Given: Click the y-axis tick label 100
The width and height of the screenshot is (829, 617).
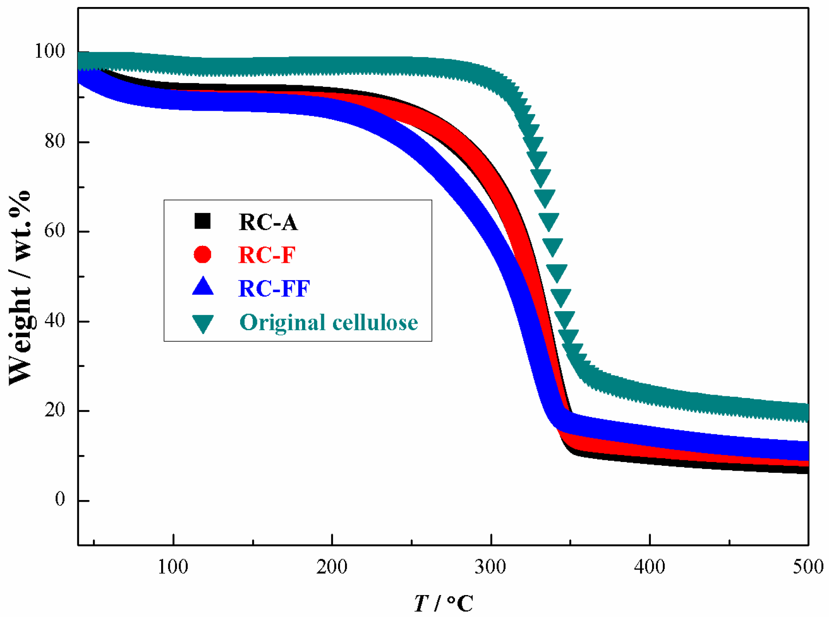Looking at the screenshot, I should (50, 51).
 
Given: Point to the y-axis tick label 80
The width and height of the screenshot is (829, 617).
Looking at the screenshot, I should (55, 141).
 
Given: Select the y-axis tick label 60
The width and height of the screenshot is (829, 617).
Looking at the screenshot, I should (55, 231).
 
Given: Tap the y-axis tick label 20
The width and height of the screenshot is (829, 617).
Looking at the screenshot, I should (55, 410).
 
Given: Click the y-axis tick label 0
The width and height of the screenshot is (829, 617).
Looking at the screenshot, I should (60, 500).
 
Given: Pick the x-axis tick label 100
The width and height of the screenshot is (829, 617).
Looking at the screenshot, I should (173, 567).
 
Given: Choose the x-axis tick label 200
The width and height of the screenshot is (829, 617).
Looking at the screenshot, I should (332, 567).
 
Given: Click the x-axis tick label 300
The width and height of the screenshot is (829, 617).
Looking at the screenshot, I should (491, 567).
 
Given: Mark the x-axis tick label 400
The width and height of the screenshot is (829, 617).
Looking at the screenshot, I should (650, 567).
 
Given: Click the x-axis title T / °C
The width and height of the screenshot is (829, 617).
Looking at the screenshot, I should (444, 604).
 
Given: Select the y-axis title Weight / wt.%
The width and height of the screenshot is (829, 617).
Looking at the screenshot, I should (20, 288).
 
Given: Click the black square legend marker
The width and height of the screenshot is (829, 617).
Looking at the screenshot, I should (202, 221).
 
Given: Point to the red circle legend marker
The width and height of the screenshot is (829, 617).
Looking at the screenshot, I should (202, 254).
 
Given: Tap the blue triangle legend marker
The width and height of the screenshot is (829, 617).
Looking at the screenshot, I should (203, 286).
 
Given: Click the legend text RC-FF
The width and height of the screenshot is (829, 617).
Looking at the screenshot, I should (274, 288).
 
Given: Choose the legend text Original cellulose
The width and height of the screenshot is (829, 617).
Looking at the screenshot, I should (329, 322).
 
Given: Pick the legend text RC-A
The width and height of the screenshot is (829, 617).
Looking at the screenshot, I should (268, 222).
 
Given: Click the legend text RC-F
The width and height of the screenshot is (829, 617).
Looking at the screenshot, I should (267, 255).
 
